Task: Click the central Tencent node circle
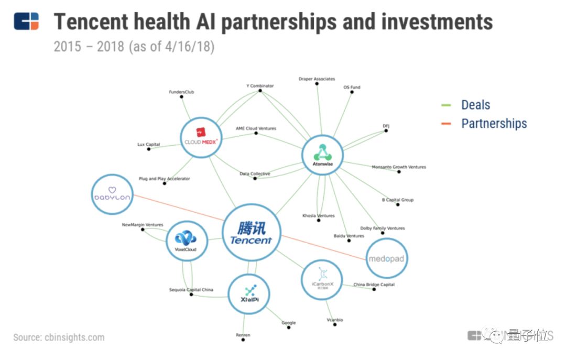pyautogui.click(x=251, y=234)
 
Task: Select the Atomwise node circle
pyautogui.click(x=322, y=156)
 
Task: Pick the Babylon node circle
pyautogui.click(x=112, y=194)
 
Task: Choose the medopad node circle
pyautogui.click(x=386, y=258)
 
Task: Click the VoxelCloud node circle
pyautogui.click(x=186, y=242)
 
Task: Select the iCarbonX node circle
pyautogui.click(x=322, y=280)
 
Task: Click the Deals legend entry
pyautogui.click(x=475, y=105)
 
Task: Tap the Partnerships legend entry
pyautogui.click(x=494, y=124)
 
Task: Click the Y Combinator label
pyautogui.click(x=260, y=86)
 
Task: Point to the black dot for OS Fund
pyautogui.click(x=352, y=93)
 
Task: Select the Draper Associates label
pyautogui.click(x=317, y=79)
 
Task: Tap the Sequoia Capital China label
pyautogui.click(x=191, y=289)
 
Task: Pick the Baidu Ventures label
pyautogui.click(x=349, y=236)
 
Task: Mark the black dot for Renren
pyautogui.click(x=243, y=340)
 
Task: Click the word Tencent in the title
pyautogui.click(x=91, y=22)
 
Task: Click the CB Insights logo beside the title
pyautogui.click(x=26, y=21)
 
